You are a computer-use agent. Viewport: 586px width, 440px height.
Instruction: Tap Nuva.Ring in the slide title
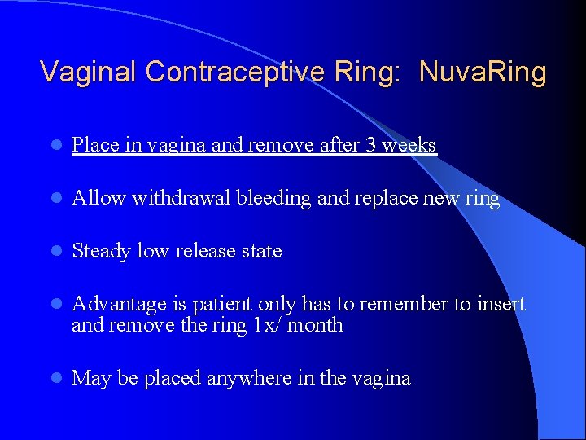(483, 73)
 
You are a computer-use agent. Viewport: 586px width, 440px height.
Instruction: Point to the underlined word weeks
(409, 146)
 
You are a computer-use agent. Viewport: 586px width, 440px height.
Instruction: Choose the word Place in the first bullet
(91, 146)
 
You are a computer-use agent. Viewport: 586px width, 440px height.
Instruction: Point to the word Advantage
(118, 305)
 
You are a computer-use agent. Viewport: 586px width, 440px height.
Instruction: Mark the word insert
(501, 305)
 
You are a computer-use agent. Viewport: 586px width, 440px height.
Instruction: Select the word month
(317, 326)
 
